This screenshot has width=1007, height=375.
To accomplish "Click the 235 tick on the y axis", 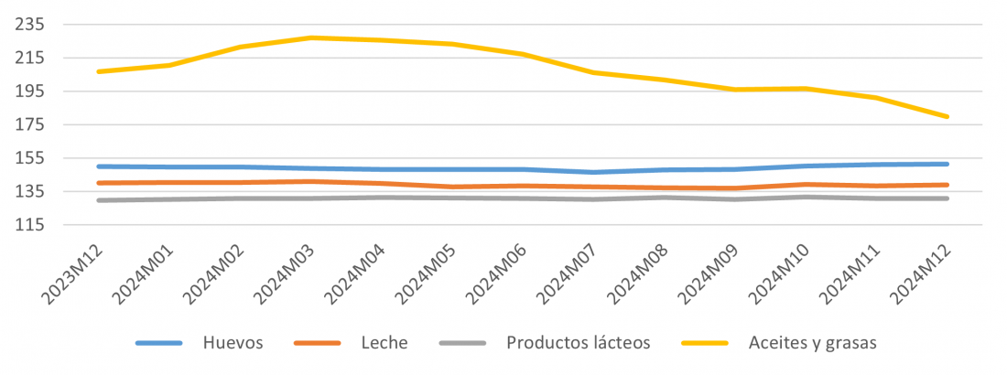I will pyautogui.click(x=29, y=25).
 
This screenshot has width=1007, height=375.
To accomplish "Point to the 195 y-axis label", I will pyautogui.click(x=29, y=91).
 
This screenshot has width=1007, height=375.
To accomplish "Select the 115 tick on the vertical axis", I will pyautogui.click(x=29, y=225).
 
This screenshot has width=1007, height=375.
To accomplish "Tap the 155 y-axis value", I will pyautogui.click(x=29, y=158).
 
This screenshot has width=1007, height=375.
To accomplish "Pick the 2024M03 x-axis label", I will pyautogui.click(x=285, y=272).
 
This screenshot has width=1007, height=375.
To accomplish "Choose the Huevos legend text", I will pyautogui.click(x=234, y=343).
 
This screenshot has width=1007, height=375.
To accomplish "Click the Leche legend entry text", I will pyautogui.click(x=384, y=343).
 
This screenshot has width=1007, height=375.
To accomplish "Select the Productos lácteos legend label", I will pyautogui.click(x=578, y=343).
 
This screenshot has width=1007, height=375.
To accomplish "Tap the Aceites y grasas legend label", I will pyautogui.click(x=813, y=343).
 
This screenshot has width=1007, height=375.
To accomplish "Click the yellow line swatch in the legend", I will pyautogui.click(x=704, y=343).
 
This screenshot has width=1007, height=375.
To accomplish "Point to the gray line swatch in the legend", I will pyautogui.click(x=463, y=343).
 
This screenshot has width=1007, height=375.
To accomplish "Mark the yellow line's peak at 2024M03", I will pyautogui.click(x=310, y=37).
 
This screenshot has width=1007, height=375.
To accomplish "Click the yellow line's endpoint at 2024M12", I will pyautogui.click(x=947, y=116).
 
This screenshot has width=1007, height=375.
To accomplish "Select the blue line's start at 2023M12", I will pyautogui.click(x=98, y=166).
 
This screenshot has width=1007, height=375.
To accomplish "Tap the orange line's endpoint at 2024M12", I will pyautogui.click(x=947, y=185).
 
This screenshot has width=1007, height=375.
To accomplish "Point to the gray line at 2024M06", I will pyautogui.click(x=523, y=198).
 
